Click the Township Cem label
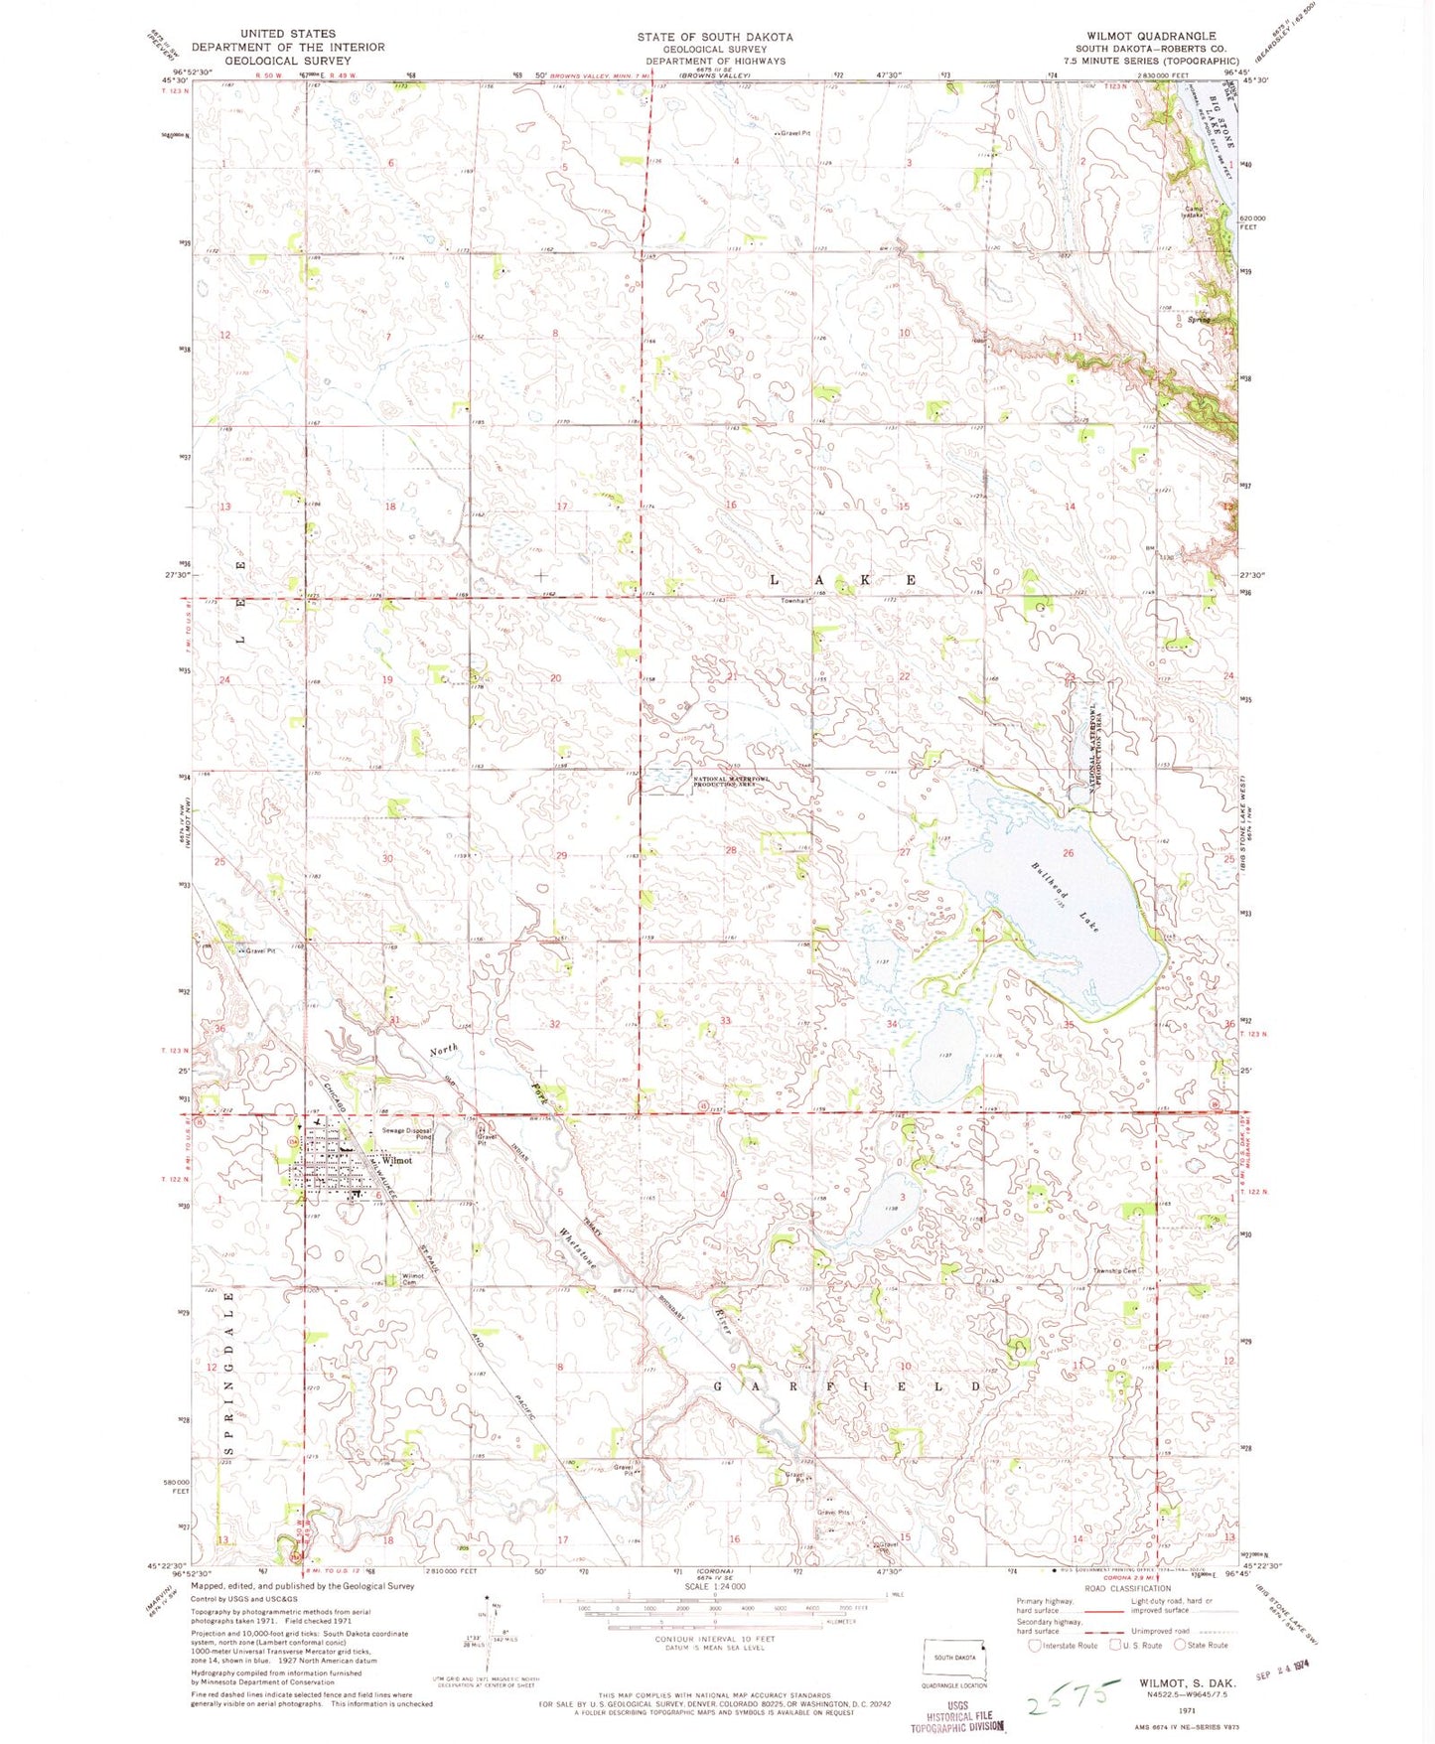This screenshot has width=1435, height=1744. pyautogui.click(x=1120, y=1270)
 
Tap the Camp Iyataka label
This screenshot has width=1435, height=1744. pyautogui.click(x=1191, y=211)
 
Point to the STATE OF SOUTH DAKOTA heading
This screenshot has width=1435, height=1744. pyautogui.click(x=715, y=37)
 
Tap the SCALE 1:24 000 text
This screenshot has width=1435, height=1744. pyautogui.click(x=714, y=1587)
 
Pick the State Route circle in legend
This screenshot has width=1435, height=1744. pyautogui.click(x=1180, y=1645)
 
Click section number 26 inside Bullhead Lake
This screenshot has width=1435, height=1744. pyautogui.click(x=1069, y=853)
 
